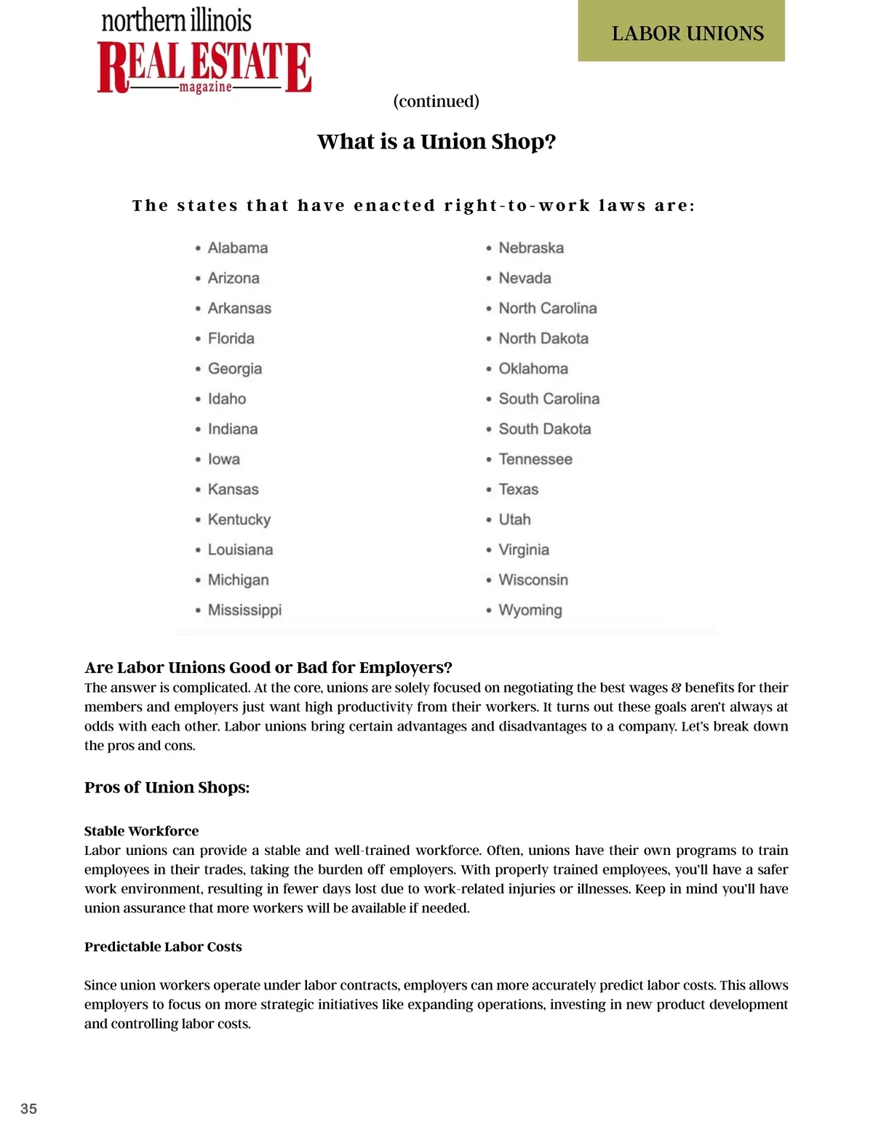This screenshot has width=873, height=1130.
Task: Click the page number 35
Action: pyautogui.click(x=28, y=1108)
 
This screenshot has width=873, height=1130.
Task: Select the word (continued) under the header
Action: pyautogui.click(x=436, y=101)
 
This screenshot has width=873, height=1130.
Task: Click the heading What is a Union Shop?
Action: pyautogui.click(x=436, y=141)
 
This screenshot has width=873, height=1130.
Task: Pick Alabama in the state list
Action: pyautogui.click(x=237, y=248)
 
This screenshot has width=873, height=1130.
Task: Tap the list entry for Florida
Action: pyautogui.click(x=231, y=338)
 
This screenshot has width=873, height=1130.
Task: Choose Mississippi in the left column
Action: pyautogui.click(x=244, y=610)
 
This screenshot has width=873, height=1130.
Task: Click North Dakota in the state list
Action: pyautogui.click(x=543, y=338)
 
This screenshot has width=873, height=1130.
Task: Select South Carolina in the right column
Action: pyautogui.click(x=549, y=399)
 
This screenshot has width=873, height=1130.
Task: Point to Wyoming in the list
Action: pyautogui.click(x=530, y=610)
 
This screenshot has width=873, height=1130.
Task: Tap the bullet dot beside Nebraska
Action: pyautogui.click(x=489, y=249)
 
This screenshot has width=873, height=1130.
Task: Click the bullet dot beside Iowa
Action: pyautogui.click(x=198, y=460)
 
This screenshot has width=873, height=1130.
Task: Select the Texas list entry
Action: pyautogui.click(x=518, y=489)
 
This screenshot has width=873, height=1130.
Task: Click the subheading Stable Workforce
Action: pyautogui.click(x=141, y=831)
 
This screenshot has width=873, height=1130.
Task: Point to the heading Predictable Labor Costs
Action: pyautogui.click(x=163, y=947)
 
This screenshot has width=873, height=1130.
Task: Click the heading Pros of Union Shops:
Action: pyautogui.click(x=167, y=787)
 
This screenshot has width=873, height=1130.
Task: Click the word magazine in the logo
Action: pyautogui.click(x=205, y=87)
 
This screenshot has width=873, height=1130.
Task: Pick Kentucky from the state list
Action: pyautogui.click(x=239, y=520)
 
